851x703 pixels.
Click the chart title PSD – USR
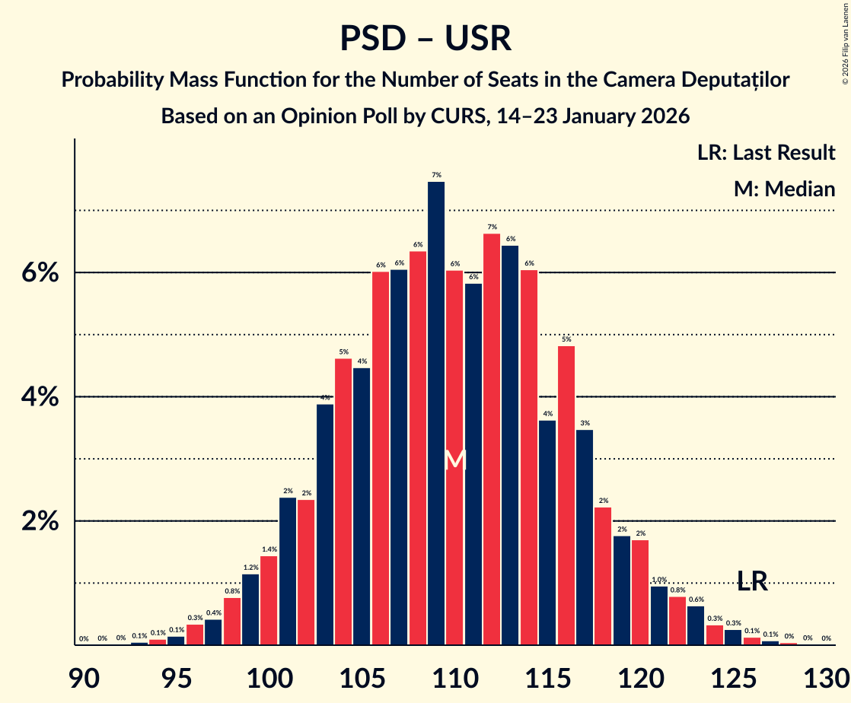click(x=425, y=38)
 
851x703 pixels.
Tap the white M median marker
click(x=454, y=460)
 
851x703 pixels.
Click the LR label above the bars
click(x=752, y=583)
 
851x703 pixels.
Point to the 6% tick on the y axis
click(x=39, y=273)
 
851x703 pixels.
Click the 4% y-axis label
click(x=39, y=397)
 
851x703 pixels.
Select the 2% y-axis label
click(x=39, y=522)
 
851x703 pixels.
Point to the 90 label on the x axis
click(x=84, y=677)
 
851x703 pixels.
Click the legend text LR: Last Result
click(x=766, y=153)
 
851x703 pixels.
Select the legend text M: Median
click(x=784, y=189)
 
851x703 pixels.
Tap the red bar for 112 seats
click(x=492, y=439)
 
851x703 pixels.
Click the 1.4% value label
click(x=269, y=549)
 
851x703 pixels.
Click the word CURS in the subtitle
click(x=457, y=116)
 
